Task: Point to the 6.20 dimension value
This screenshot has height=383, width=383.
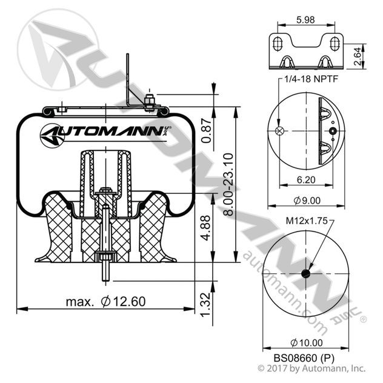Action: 305,179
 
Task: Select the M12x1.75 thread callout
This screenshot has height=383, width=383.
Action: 305,221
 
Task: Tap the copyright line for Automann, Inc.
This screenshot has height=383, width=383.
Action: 311,368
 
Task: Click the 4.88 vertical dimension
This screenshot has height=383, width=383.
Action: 206,228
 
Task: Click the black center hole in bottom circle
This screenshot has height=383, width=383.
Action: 305,273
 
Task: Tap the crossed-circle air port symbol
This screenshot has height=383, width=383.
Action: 279,132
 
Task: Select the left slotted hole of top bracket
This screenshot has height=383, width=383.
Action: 278,45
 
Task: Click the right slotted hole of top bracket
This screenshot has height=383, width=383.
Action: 333,45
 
